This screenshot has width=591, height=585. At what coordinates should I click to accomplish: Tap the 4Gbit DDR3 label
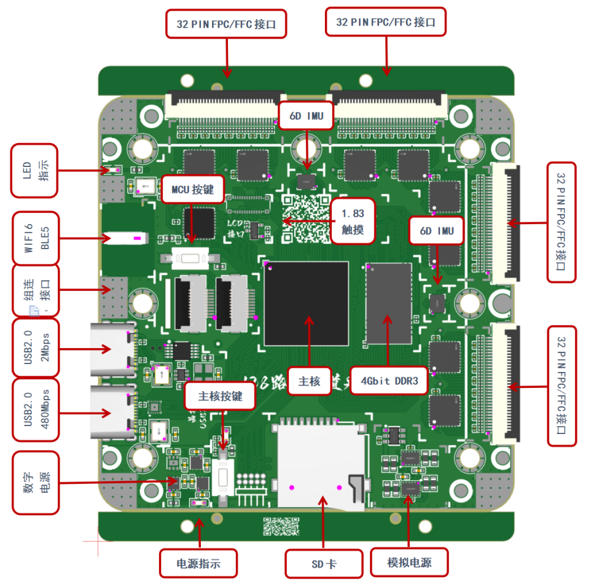pos(389,381)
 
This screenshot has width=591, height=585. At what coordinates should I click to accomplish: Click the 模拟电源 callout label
pos(409,562)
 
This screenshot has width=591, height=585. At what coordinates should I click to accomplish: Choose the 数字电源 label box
pos(36,482)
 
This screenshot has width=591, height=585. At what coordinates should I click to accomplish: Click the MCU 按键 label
pos(192,190)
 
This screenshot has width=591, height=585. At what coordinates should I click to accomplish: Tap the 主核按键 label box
pos(221,397)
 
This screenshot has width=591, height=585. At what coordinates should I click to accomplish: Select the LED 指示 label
pos(36,170)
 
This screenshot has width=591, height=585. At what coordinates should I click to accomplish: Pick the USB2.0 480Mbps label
pos(36,409)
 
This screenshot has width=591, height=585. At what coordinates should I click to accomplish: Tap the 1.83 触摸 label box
pos(353,222)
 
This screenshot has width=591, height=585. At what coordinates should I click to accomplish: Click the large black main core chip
pos(306,304)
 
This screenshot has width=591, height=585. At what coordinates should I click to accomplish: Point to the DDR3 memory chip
pos(388,304)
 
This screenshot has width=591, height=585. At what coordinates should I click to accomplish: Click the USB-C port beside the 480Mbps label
pos(113,412)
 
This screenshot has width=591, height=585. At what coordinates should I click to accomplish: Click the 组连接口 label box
pos(36,291)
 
